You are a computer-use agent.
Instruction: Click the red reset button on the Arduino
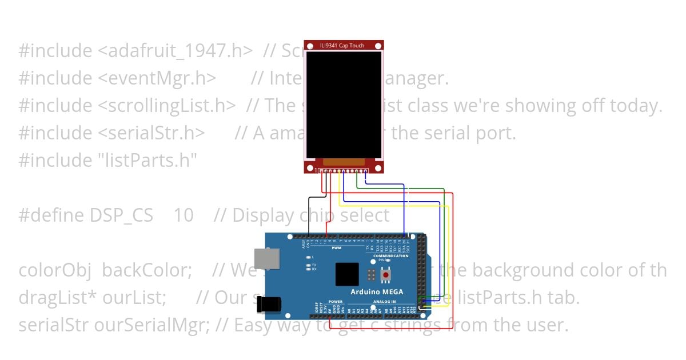click(386, 275)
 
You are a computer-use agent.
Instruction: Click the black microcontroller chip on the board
click(347, 274)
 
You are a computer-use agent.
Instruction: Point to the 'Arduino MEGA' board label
click(376, 292)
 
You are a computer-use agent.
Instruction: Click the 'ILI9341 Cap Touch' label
click(343, 46)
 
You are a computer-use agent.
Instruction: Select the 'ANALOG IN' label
click(385, 301)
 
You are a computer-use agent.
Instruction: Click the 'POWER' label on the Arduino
click(336, 301)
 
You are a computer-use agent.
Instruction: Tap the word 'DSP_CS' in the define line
click(121, 215)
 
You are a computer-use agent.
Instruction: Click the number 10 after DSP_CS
click(183, 215)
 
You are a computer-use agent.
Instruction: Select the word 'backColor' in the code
click(146, 270)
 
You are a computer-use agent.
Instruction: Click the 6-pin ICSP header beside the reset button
click(372, 275)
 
